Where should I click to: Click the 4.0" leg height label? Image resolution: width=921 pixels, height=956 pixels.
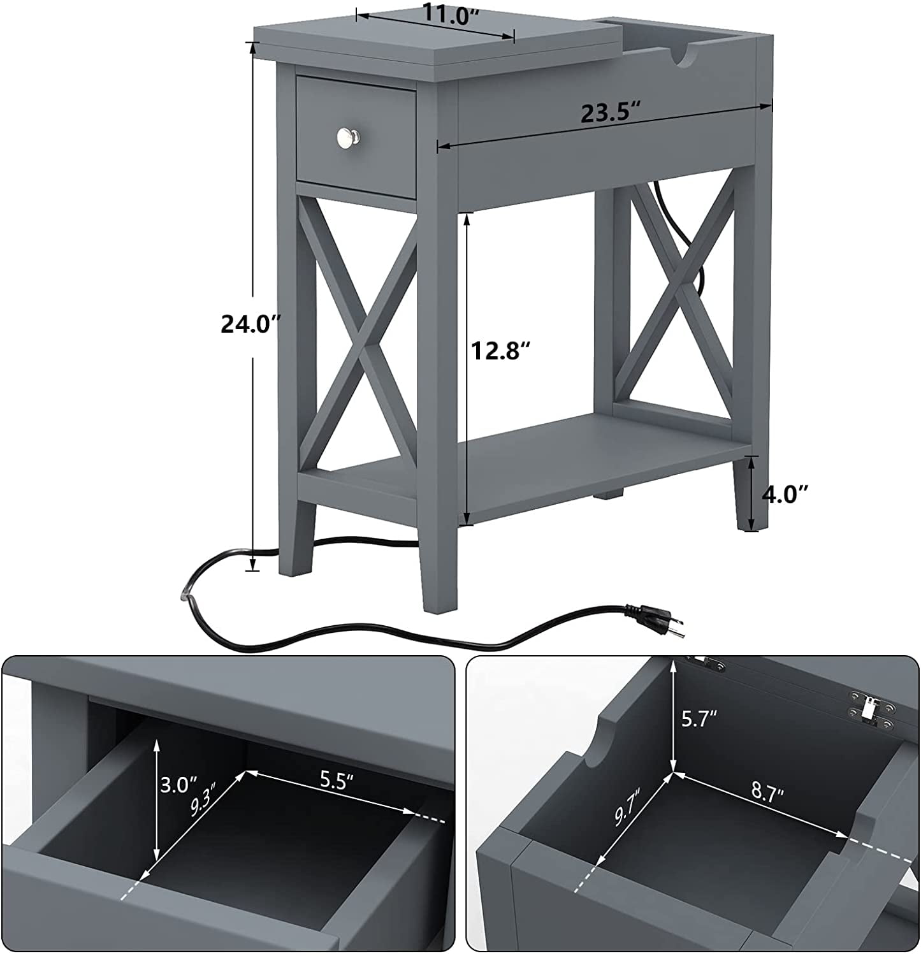point(785,494)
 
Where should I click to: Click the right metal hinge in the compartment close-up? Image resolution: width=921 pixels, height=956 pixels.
point(869,708)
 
